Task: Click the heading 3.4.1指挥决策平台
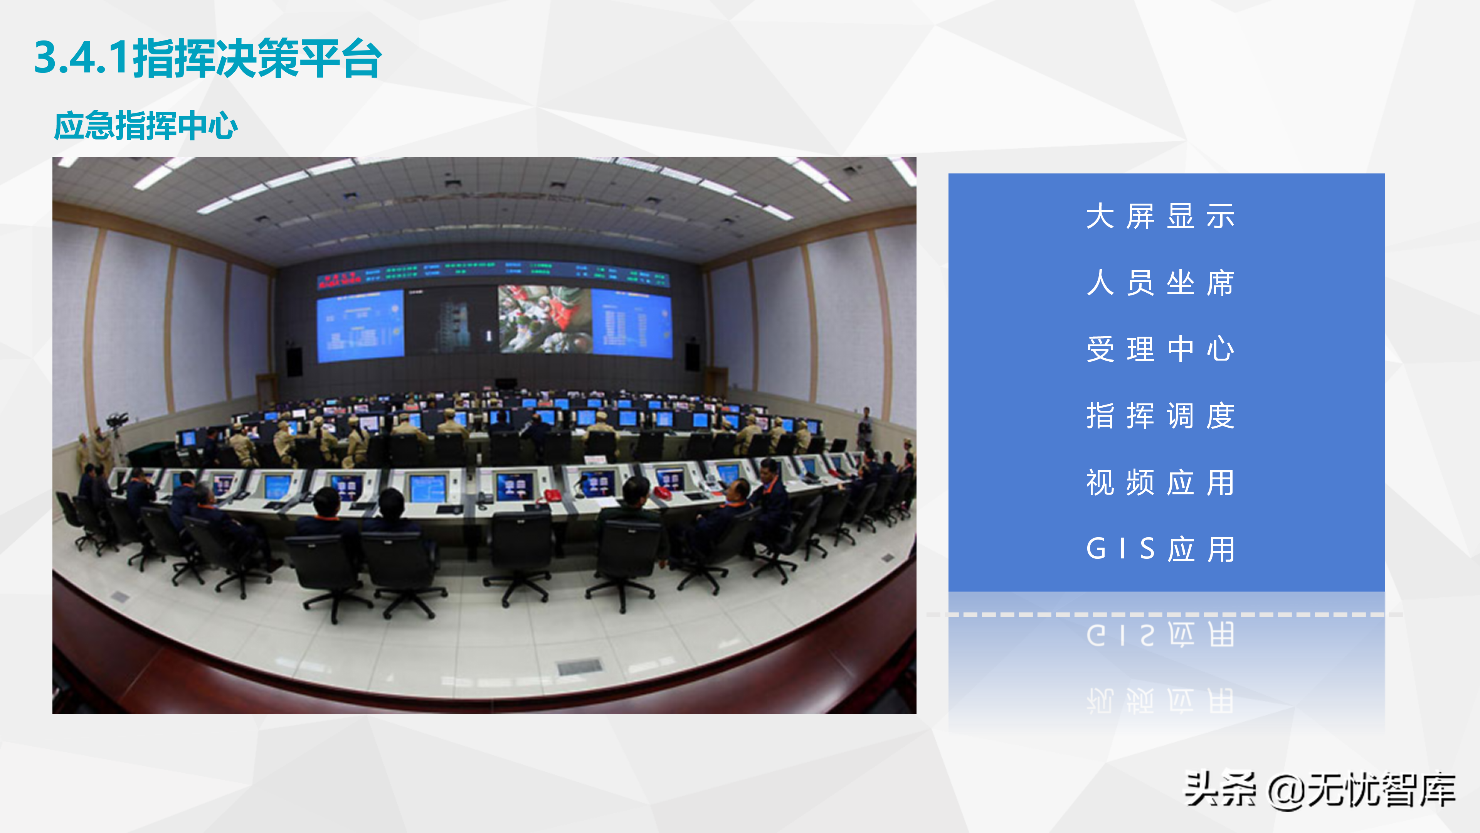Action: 208,58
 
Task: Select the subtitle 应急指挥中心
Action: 146,126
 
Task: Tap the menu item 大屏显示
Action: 1160,217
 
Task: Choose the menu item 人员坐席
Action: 1160,283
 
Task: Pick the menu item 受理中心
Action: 1160,349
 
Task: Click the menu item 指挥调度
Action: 1160,416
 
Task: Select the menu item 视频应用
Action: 1160,482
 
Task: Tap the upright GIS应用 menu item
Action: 1160,549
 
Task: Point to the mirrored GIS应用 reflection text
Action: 1160,635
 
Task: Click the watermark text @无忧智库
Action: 1362,791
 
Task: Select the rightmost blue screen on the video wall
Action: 631,323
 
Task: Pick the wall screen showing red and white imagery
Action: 543,320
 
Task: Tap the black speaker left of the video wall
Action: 294,361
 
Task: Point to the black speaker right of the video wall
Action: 692,356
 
